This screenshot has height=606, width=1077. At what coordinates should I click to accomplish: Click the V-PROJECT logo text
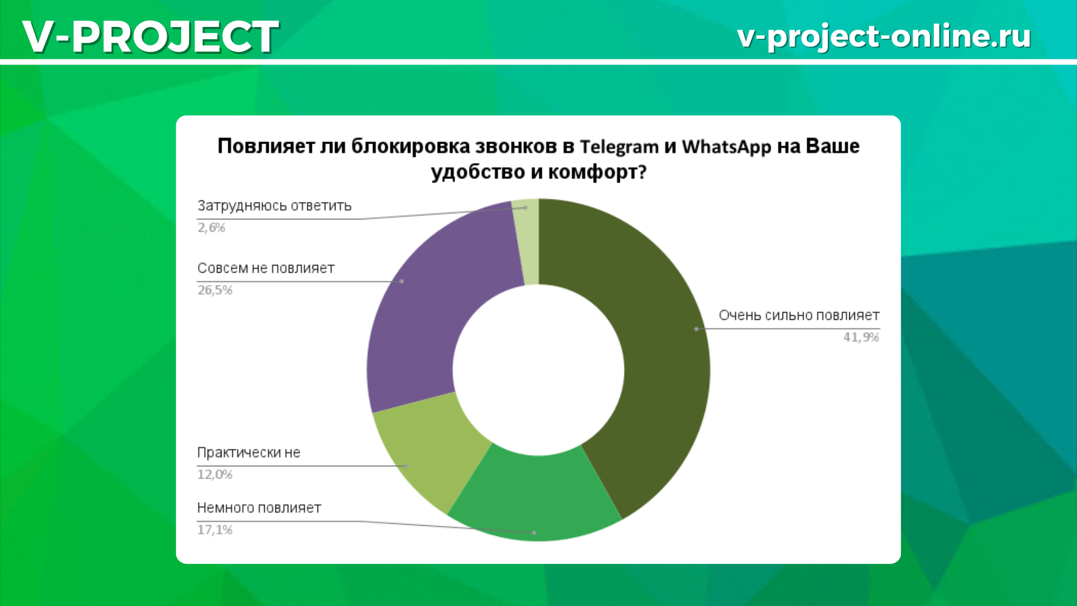click(x=150, y=36)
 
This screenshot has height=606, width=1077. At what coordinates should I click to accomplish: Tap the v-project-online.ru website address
click(x=884, y=36)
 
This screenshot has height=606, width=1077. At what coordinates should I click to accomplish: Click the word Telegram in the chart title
click(x=619, y=147)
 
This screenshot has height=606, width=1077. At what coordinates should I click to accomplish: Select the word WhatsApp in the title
click(x=726, y=147)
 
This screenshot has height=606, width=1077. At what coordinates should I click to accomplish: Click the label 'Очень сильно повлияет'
click(x=799, y=315)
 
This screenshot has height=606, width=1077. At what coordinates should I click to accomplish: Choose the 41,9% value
click(x=861, y=337)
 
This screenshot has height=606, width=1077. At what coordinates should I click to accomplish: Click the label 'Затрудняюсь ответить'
click(x=274, y=206)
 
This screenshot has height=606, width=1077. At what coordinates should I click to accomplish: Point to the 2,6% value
click(x=211, y=228)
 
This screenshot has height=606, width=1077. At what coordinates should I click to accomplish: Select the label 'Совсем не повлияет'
click(x=266, y=268)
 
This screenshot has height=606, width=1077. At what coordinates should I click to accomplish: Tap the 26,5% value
click(x=215, y=290)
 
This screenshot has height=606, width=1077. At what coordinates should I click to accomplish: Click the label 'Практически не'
click(x=248, y=453)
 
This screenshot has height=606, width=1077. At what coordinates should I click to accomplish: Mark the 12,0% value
click(x=215, y=475)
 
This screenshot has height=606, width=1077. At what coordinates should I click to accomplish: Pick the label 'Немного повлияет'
click(x=259, y=508)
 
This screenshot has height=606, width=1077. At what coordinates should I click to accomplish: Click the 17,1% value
click(x=215, y=530)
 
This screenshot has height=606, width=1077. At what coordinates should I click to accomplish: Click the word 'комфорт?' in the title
click(x=597, y=172)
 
